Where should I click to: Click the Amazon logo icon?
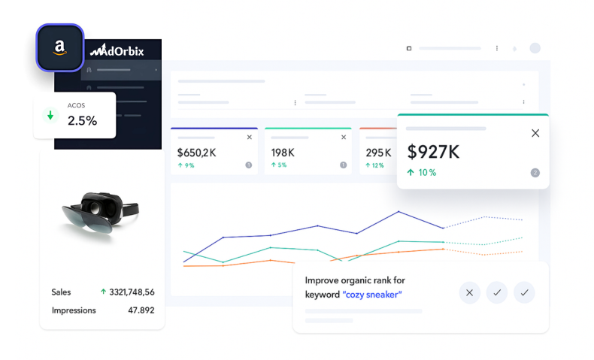59,47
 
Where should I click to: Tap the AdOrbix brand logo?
117,51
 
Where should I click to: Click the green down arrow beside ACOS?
51,116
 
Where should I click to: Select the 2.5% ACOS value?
82,120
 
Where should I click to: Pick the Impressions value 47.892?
141,310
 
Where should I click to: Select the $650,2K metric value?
197,153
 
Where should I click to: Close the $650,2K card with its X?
250,138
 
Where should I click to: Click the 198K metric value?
282,153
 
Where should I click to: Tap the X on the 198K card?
344,138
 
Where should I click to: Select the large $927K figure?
433,152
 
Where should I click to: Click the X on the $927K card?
535,133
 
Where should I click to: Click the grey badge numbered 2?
535,172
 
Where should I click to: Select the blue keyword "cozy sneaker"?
372,294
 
